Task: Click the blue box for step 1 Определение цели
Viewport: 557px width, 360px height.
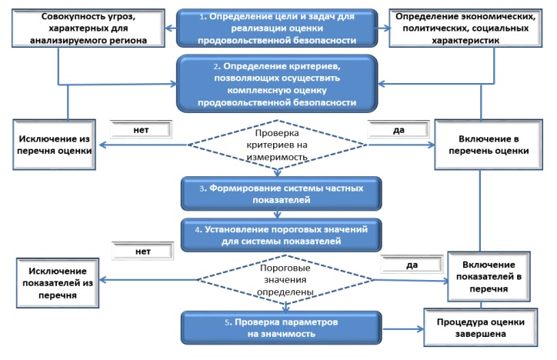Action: point(278,28)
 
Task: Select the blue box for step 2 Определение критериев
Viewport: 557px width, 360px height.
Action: point(278,82)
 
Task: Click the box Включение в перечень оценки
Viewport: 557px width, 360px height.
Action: point(482,144)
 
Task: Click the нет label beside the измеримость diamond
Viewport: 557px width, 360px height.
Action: point(142,130)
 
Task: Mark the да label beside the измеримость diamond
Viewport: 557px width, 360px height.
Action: point(399,130)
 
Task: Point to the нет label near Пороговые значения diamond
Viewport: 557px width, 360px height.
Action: point(142,251)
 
